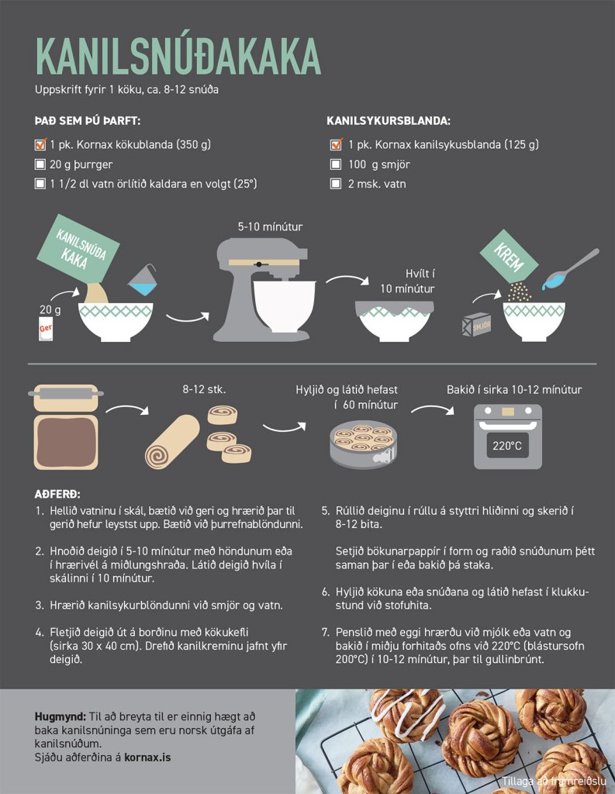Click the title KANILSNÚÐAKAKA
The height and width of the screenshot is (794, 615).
(x=178, y=55)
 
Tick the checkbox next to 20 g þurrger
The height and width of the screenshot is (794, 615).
(x=40, y=164)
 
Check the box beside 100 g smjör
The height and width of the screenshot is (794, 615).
(x=335, y=164)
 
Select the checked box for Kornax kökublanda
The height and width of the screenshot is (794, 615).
(x=40, y=144)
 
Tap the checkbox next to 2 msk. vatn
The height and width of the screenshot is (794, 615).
(x=335, y=183)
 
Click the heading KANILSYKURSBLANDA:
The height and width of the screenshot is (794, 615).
(x=389, y=121)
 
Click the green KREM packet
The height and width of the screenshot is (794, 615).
(x=509, y=257)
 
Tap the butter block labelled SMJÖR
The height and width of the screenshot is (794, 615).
(x=476, y=324)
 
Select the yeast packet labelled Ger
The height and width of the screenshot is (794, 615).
(x=46, y=329)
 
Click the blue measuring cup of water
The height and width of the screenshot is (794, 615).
(x=143, y=281)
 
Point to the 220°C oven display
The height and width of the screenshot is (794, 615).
(x=508, y=446)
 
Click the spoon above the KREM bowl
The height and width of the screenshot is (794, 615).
(x=571, y=269)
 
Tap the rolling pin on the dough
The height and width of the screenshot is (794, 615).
(x=66, y=393)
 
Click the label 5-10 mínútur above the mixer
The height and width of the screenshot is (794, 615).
(x=270, y=226)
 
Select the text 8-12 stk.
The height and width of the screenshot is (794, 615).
(x=204, y=389)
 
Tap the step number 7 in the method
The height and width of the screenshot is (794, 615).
(x=326, y=632)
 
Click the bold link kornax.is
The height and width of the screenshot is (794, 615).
(x=147, y=758)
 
